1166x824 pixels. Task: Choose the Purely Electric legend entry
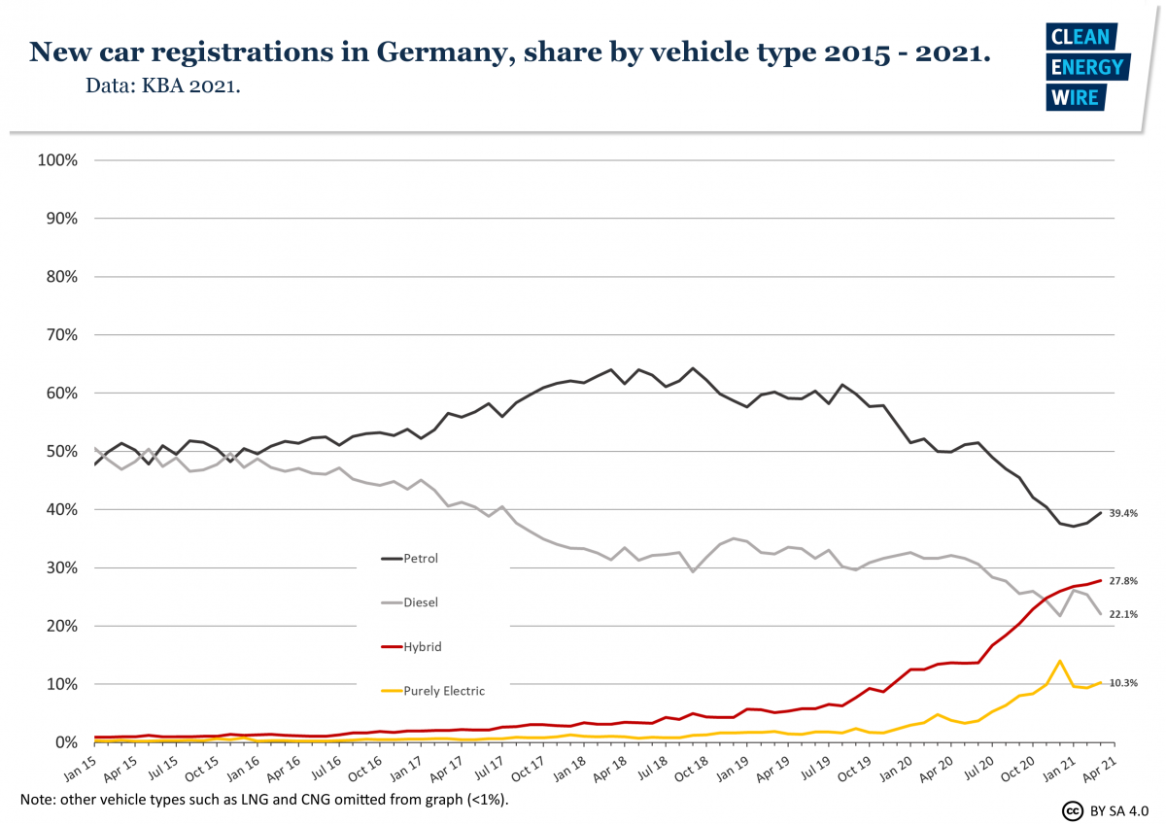pyautogui.click(x=443, y=691)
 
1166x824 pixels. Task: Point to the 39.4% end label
pyautogui.click(x=1123, y=513)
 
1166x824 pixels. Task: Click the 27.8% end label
pyautogui.click(x=1123, y=581)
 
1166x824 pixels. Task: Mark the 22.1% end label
pyautogui.click(x=1123, y=614)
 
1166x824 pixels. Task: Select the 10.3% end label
pyautogui.click(x=1123, y=684)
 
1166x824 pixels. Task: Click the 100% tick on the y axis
pyautogui.click(x=56, y=160)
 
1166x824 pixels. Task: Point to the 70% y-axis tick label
pyautogui.click(x=59, y=335)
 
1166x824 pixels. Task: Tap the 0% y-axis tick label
pyautogui.click(x=63, y=742)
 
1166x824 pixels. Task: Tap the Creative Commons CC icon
pyautogui.click(x=1073, y=810)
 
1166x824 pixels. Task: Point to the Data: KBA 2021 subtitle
pyautogui.click(x=163, y=86)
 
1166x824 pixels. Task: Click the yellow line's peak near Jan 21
pyautogui.click(x=1059, y=661)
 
